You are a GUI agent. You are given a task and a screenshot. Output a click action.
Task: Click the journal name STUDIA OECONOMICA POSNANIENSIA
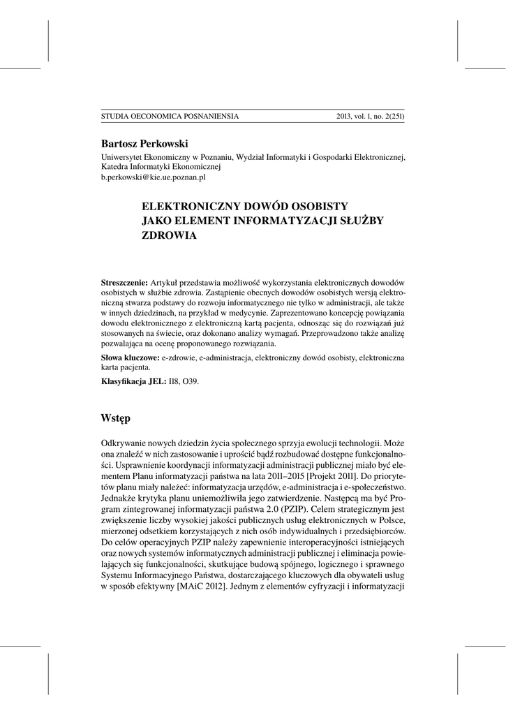[x=170, y=117]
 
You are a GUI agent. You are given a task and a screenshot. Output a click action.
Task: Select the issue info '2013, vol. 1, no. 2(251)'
[x=370, y=117]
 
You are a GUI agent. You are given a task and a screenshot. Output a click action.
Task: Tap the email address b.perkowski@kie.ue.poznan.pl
[x=154, y=178]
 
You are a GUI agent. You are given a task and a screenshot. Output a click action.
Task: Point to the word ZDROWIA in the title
[x=170, y=236]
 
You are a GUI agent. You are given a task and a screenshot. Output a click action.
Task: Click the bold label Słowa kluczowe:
[x=131, y=357]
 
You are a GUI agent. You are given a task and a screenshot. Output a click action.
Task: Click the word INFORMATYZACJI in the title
[x=290, y=221]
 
